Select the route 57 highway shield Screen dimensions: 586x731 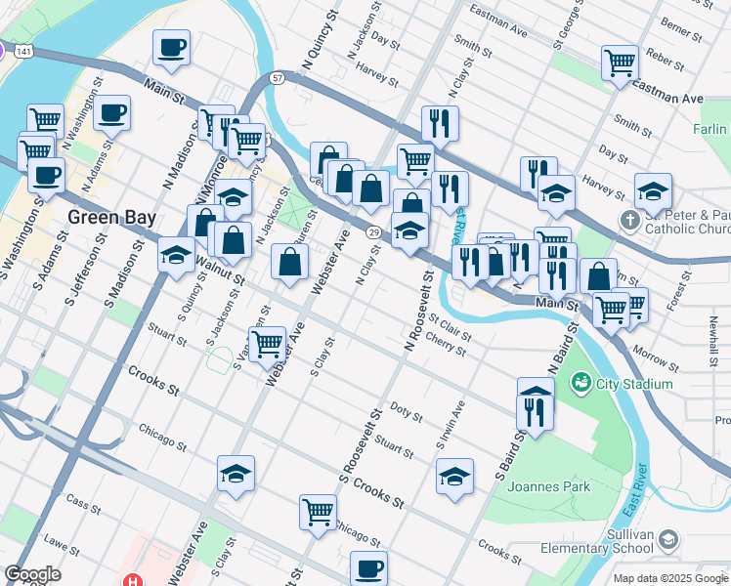coord(279,76)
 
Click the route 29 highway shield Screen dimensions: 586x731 coord(374,232)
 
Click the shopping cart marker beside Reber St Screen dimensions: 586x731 coord(621,63)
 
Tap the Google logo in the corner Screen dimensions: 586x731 coord(32,574)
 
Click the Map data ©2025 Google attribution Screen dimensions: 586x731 coord(669,578)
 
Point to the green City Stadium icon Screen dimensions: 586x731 coord(582,380)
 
